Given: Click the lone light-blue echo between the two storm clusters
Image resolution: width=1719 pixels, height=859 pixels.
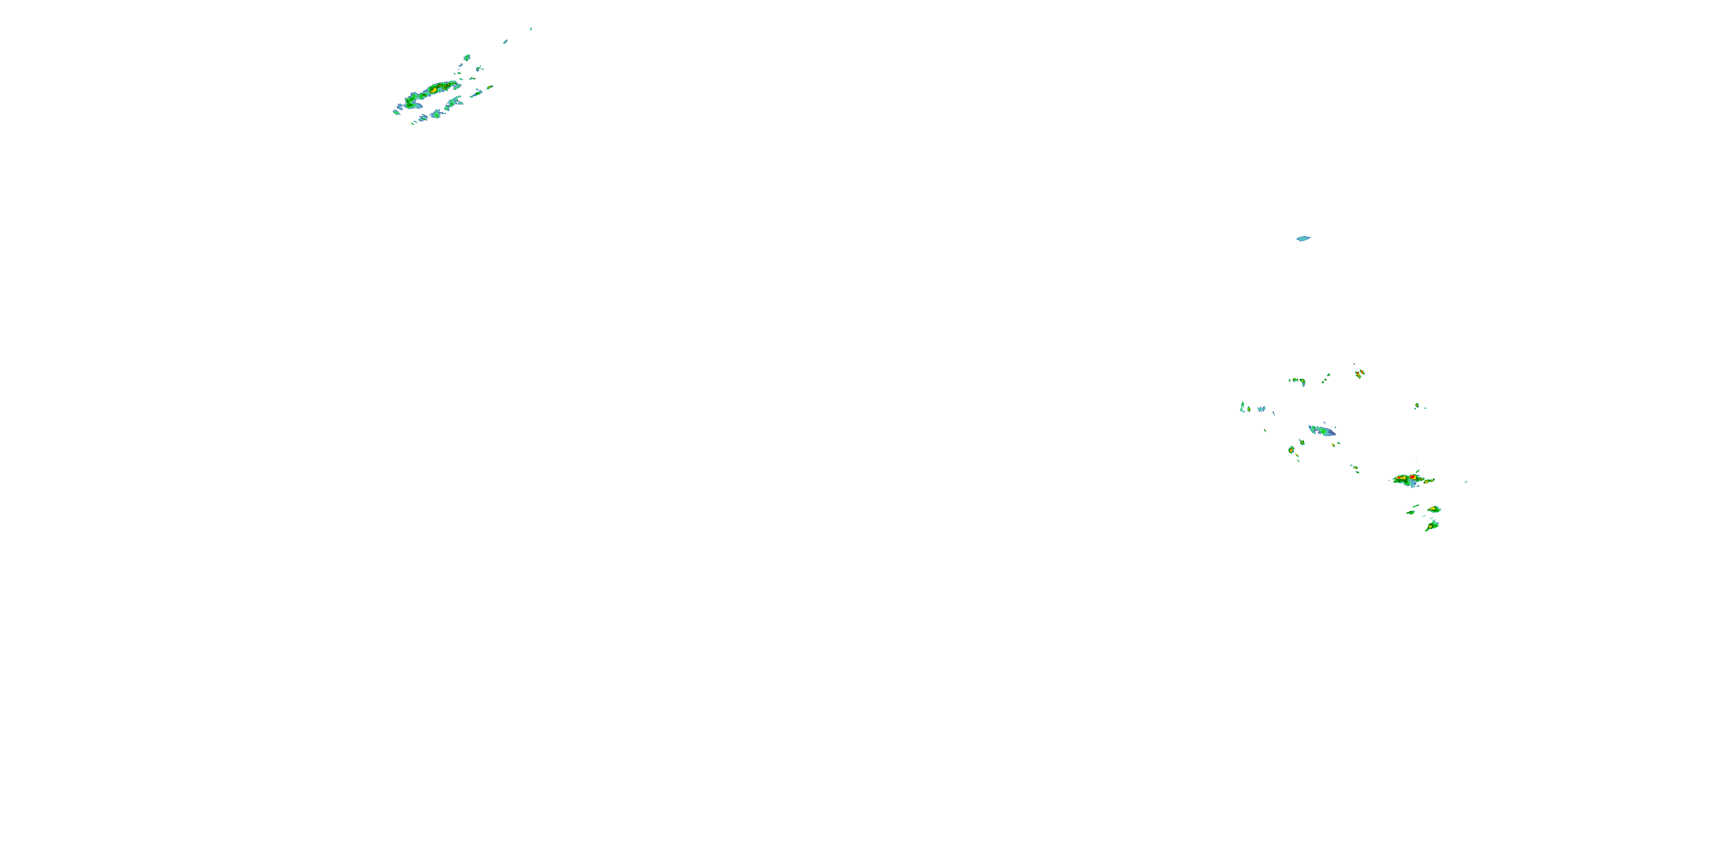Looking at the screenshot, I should [1302, 238].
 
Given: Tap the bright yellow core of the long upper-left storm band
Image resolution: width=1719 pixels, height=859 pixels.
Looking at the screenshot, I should [434, 89].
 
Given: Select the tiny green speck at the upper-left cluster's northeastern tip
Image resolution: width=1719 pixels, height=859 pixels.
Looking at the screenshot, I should [531, 29].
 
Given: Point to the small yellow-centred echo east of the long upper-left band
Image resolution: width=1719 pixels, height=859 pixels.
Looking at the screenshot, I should [489, 86].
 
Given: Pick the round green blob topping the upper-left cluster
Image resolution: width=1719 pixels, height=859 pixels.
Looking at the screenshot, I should [466, 57].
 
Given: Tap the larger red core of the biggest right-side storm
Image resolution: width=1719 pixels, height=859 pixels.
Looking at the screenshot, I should [1412, 478].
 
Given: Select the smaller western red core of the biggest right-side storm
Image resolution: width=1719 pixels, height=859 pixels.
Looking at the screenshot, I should [1398, 479].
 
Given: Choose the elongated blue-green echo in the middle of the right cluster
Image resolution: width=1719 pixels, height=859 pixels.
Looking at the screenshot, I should [1321, 431].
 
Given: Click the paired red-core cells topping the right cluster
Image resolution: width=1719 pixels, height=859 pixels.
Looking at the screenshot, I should [1359, 373].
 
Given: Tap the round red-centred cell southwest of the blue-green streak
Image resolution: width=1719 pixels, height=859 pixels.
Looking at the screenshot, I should [1291, 450].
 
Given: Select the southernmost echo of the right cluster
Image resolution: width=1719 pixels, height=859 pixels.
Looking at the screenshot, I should [1432, 526].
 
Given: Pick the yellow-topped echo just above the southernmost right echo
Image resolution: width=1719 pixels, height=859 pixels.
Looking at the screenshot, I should [1435, 509].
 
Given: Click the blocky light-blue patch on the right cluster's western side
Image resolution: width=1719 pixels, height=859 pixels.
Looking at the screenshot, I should [1261, 408].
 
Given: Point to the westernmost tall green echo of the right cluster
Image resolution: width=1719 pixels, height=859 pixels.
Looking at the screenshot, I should [1242, 406].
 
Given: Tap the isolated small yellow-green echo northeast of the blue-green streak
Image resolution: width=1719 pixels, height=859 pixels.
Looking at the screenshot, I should [1416, 405].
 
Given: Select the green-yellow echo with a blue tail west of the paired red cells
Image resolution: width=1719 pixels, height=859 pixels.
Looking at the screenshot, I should [1298, 381].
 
